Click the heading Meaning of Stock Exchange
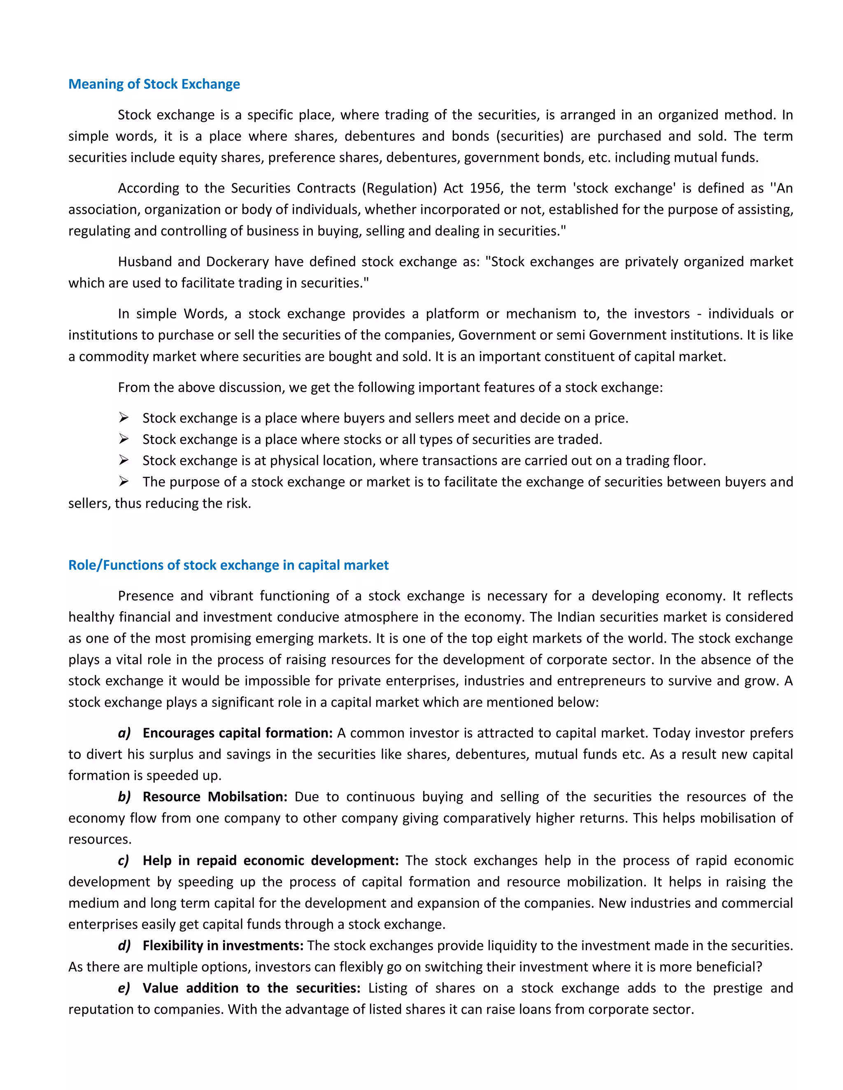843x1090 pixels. tap(154, 84)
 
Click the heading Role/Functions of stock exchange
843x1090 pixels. tap(228, 565)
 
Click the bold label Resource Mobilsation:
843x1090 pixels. tap(215, 797)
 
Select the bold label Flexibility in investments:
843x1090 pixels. tap(223, 945)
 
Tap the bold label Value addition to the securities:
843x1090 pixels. tap(251, 988)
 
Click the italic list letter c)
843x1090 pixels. tap(123, 860)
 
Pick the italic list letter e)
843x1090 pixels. tap(124, 988)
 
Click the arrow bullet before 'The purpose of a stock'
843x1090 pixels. tap(124, 481)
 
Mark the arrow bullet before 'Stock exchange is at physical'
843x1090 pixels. tap(124, 460)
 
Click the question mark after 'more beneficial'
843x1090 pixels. tap(759, 967)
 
